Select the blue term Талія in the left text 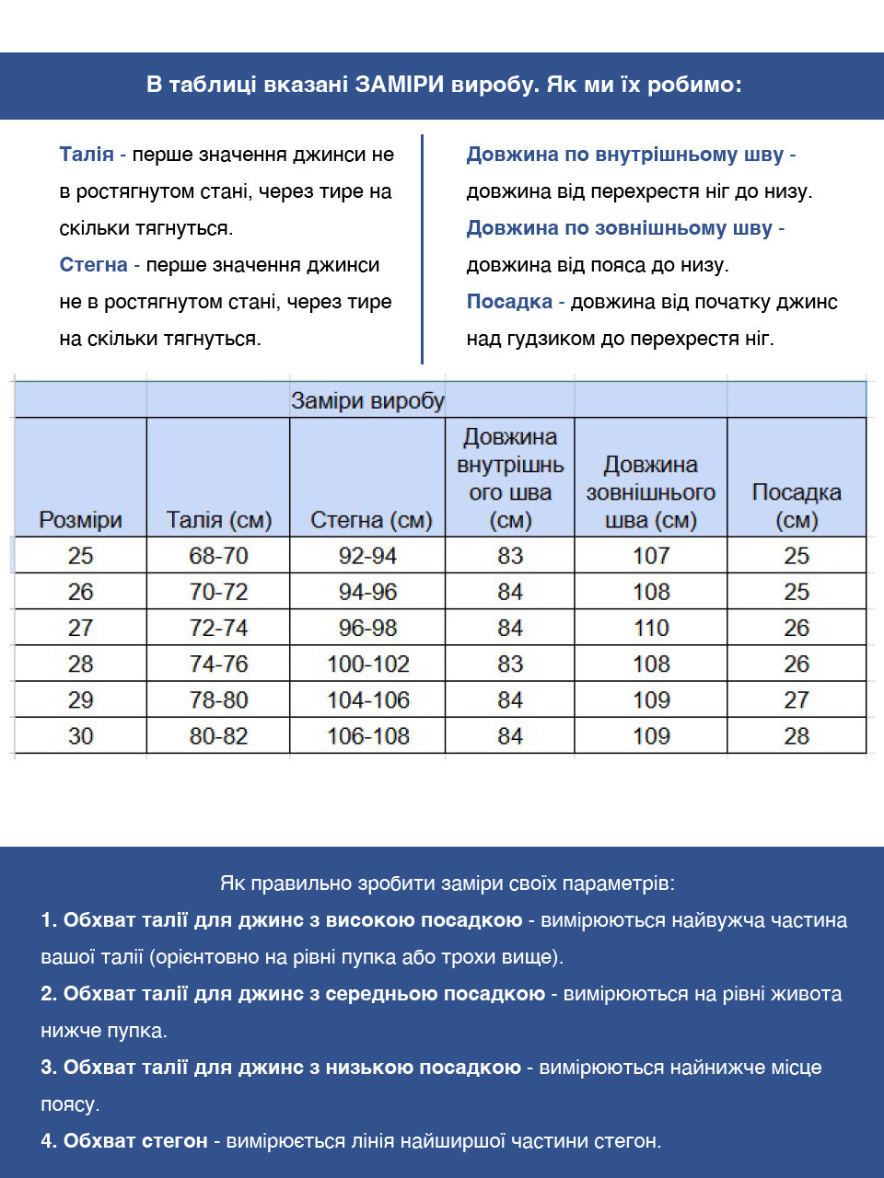click(x=87, y=155)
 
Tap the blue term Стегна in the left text click(x=93, y=265)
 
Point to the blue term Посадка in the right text click(x=509, y=302)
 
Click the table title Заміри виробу click(x=367, y=400)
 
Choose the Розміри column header click(x=80, y=520)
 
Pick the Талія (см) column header click(x=218, y=520)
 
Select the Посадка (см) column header click(x=797, y=506)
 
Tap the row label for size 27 click(x=80, y=628)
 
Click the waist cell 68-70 click(x=218, y=556)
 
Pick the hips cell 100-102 click(x=367, y=664)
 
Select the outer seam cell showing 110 click(x=651, y=628)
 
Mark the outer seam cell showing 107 click(x=651, y=556)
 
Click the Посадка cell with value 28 click(x=797, y=736)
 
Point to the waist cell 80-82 click(x=218, y=736)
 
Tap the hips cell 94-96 click(x=367, y=592)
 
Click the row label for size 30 click(x=80, y=736)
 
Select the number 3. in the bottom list click(x=49, y=1068)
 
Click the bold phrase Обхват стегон click(x=135, y=1141)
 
